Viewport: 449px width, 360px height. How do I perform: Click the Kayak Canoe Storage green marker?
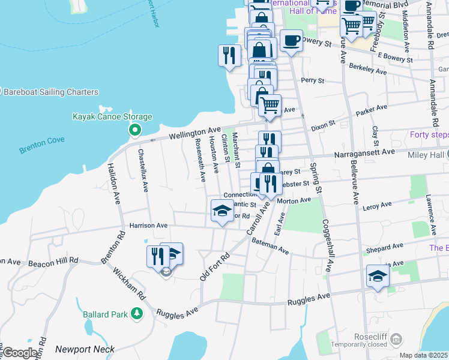135,130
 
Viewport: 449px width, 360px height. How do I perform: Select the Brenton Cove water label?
41,143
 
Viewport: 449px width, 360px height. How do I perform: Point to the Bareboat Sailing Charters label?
51,92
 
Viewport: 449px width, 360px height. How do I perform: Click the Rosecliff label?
370,336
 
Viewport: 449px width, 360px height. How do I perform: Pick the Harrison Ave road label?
148,226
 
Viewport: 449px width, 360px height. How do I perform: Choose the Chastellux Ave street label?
145,171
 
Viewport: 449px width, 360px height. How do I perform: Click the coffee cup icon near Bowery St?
291,41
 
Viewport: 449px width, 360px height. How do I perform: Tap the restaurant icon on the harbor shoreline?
229,56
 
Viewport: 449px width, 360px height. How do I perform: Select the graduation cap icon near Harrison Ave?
221,211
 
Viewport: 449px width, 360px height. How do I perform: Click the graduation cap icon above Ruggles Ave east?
378,275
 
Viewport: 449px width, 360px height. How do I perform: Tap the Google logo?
20,353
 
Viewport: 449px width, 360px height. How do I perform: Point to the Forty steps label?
429,134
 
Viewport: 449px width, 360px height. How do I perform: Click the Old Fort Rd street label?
215,266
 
